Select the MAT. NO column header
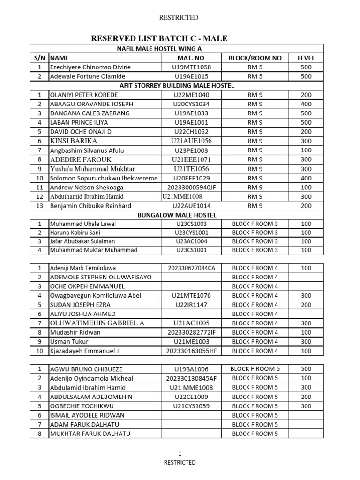pos(188,58)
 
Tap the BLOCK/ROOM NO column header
pos(255,58)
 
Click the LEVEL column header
pos(306,58)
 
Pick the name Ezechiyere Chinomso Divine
pos(90,67)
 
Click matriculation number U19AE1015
pos(188,76)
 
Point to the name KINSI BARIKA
pos(74,141)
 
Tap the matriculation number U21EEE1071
pos(188,159)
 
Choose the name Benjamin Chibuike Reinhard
pos(90,205)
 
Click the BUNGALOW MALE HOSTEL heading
pos(177,215)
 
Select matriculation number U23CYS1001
pos(188,232)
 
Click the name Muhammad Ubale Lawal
pos(83,224)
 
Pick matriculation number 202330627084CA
pos(188,268)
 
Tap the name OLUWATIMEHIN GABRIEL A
pos(97,323)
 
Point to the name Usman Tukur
pos(69,341)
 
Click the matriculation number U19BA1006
pos(188,369)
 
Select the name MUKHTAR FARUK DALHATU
pos(90,434)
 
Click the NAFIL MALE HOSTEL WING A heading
pos(177,49)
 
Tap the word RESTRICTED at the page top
pos(180,18)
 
